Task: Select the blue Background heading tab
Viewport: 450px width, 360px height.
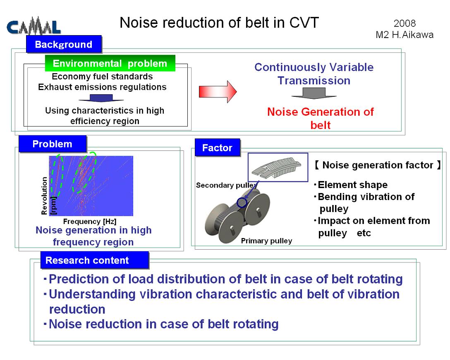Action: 64,44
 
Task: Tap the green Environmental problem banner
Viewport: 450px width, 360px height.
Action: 110,63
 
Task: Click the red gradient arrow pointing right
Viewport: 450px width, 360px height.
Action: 218,91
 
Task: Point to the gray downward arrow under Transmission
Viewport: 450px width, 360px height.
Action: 314,93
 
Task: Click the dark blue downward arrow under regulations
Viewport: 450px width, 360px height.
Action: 101,98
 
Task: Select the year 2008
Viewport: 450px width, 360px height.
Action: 405,24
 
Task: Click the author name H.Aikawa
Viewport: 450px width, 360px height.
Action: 413,35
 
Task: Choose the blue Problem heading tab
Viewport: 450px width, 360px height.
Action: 53,144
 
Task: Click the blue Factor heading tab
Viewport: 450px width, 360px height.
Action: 217,148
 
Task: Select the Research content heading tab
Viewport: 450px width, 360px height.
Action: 95,260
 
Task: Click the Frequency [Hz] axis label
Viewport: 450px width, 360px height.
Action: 90,222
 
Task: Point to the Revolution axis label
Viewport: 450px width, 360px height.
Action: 44,195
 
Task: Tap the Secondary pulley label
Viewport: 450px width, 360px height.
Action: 226,185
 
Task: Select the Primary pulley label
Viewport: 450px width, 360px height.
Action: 267,241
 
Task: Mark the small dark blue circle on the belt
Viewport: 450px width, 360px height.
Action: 242,203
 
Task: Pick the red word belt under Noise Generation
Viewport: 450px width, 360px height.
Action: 321,125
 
